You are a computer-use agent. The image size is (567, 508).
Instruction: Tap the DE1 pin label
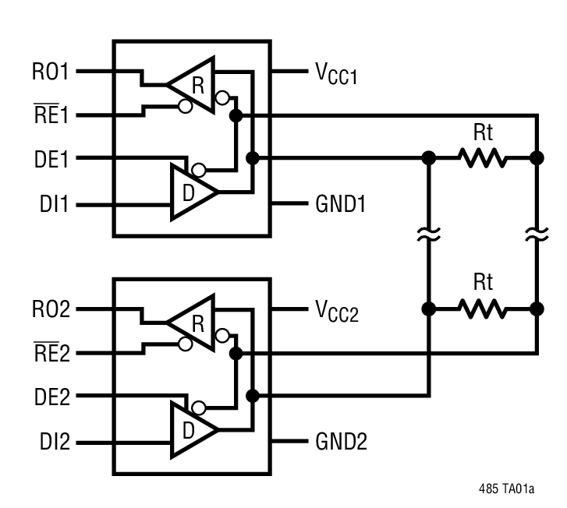51,160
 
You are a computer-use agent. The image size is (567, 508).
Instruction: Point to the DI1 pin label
55,204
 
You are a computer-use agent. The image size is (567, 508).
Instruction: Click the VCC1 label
336,73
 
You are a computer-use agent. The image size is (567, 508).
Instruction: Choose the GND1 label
341,204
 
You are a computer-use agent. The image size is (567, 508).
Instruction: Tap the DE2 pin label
51,397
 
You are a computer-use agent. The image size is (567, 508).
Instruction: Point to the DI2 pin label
55,442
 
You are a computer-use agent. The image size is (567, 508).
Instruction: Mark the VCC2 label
336,311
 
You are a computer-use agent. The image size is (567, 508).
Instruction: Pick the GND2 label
341,442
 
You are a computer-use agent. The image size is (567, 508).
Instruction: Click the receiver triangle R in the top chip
193,84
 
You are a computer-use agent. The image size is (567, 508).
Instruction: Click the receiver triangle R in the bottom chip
193,322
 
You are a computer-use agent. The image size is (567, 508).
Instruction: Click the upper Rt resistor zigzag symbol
483,158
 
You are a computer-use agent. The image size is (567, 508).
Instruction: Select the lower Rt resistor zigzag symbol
483,309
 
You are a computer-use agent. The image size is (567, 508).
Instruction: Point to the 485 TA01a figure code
507,489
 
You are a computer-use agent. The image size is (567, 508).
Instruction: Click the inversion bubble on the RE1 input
185,107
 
